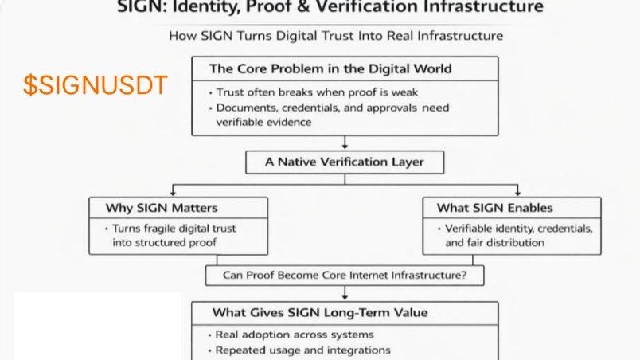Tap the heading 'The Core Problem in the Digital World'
(x=330, y=68)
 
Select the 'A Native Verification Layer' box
(x=344, y=162)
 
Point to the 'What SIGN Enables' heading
(x=494, y=208)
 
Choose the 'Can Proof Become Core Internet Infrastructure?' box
(x=344, y=276)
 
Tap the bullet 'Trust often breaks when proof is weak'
(x=317, y=92)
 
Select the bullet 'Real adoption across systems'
(x=295, y=335)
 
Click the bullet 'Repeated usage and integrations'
(x=303, y=350)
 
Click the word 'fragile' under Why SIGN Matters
(x=164, y=229)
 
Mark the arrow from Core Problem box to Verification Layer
(x=345, y=142)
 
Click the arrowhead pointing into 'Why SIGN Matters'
(x=172, y=192)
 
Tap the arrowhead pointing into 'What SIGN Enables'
(x=517, y=192)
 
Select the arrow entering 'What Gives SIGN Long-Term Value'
(x=345, y=293)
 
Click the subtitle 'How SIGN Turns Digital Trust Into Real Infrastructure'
(x=336, y=36)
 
